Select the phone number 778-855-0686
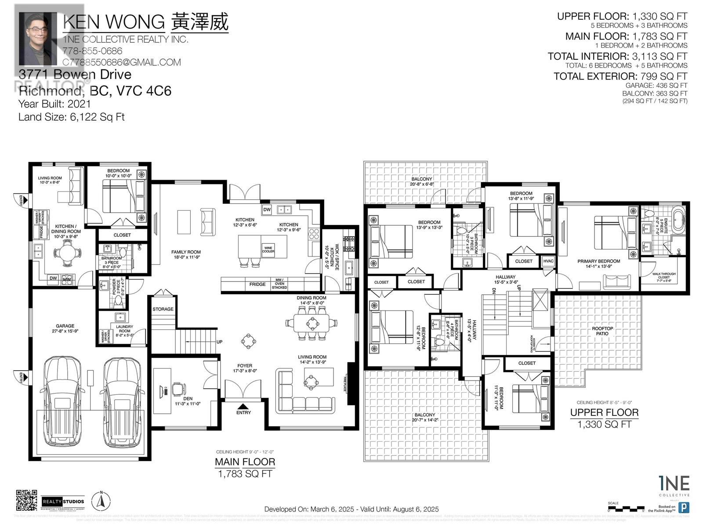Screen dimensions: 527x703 (92, 51)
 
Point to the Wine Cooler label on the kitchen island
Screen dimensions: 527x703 (268, 249)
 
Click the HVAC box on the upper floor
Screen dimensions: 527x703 (548, 261)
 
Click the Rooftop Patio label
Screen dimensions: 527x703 (602, 331)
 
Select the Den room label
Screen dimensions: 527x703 (188, 401)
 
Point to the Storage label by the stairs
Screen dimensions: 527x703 (163, 309)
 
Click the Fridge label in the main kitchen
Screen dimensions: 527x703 (257, 284)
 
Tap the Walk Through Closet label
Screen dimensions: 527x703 (664, 275)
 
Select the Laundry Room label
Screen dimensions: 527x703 (125, 329)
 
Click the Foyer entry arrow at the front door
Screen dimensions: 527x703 (243, 406)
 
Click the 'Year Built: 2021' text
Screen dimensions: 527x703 (54, 104)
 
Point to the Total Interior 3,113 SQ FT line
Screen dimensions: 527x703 (617, 56)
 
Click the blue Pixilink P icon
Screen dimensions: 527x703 (683, 507)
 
